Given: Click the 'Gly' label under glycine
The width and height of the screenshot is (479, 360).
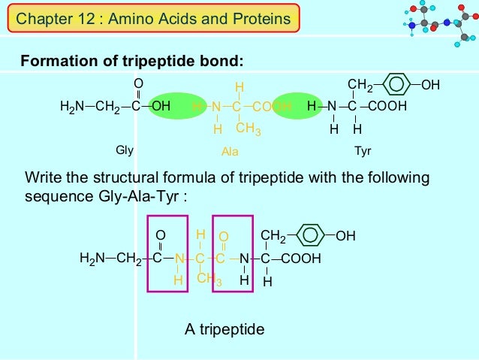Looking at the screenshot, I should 125,150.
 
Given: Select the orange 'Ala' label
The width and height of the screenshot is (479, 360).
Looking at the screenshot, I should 230,152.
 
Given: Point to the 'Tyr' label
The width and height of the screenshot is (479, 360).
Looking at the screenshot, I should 363,151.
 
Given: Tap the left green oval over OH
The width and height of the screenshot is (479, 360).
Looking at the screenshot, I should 161,107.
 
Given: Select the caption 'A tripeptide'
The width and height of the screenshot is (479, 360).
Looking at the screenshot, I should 224,329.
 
